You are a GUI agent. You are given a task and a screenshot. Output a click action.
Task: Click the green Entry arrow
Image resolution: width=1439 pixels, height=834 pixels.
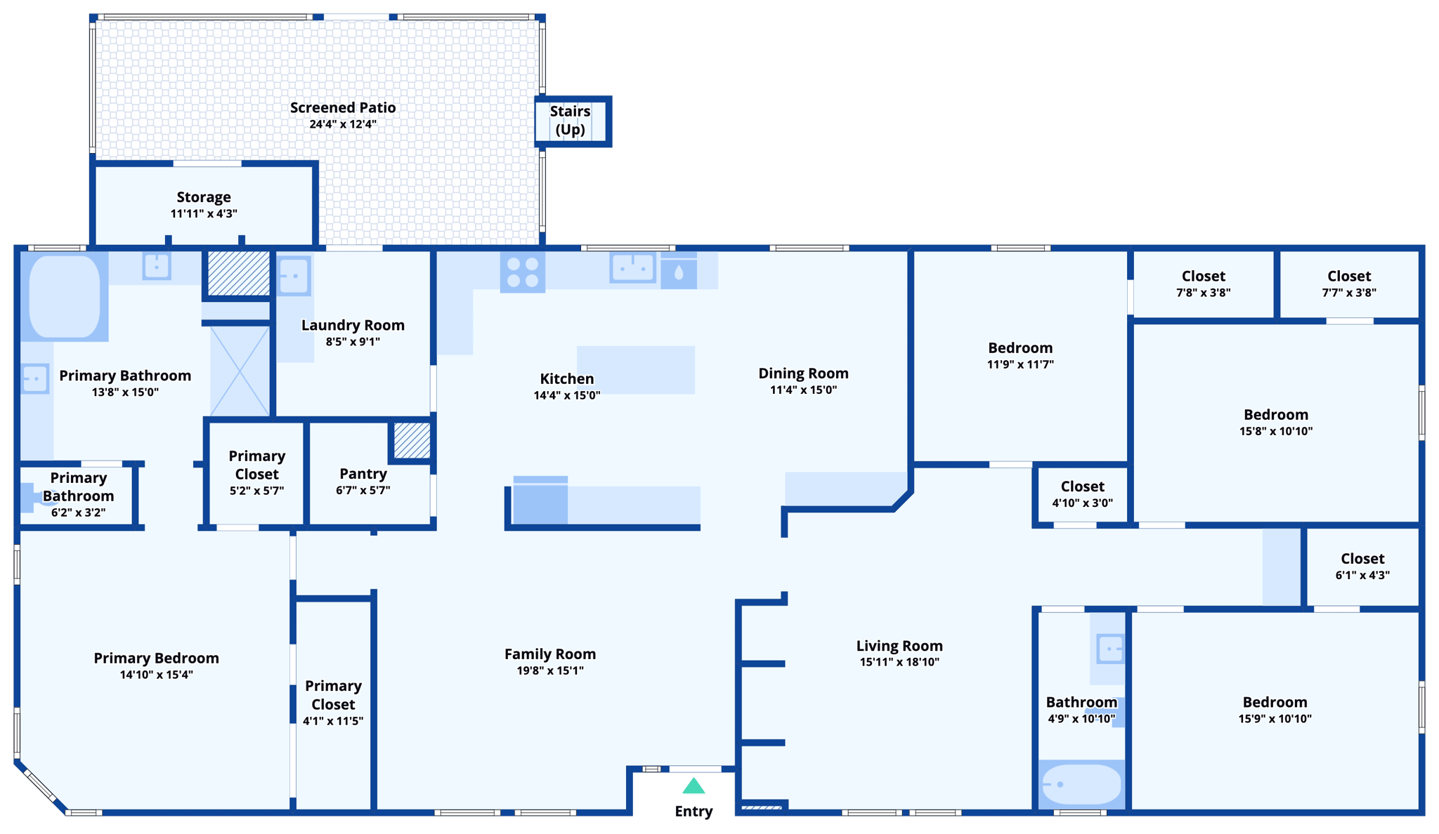pos(694,786)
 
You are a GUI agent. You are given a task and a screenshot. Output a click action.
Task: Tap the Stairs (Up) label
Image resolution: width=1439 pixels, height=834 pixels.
pos(570,120)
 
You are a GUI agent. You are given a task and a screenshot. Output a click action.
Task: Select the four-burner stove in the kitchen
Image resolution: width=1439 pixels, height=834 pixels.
pos(523,272)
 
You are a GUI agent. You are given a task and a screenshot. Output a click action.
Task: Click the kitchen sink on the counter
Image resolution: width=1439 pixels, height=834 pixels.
pos(632,267)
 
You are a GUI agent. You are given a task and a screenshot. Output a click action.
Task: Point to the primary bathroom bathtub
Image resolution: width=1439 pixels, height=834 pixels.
pos(65,296)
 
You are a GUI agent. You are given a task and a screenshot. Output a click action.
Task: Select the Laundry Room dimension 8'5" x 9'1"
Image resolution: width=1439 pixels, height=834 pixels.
pos(353,342)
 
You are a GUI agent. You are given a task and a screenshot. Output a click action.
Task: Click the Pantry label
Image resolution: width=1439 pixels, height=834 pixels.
pos(363,474)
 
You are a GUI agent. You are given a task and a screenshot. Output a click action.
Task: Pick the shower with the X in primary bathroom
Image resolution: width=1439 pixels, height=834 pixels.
pos(240,371)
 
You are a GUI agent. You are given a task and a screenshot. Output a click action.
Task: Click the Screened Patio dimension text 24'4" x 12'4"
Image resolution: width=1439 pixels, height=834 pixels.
pos(343,124)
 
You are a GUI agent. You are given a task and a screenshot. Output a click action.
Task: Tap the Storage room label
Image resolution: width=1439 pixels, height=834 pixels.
pos(204,197)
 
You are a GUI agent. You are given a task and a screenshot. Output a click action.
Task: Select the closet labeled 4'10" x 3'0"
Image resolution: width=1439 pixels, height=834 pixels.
pos(1082,494)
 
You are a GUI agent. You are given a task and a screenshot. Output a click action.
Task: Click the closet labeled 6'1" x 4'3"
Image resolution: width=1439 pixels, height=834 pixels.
pos(1362,566)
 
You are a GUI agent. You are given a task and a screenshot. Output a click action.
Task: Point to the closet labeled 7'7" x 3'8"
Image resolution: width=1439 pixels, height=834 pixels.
pos(1348,284)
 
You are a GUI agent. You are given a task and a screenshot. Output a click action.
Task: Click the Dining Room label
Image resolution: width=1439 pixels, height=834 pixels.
pos(803,373)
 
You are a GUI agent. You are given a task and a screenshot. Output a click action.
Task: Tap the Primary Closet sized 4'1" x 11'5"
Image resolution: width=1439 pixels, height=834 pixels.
pos(333,702)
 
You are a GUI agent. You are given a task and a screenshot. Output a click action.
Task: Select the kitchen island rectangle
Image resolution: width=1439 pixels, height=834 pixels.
pos(636,369)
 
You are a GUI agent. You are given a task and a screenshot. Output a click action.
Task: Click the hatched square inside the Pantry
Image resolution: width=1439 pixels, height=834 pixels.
pos(412,440)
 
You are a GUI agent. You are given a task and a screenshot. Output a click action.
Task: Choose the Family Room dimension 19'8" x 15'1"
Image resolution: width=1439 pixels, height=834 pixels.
pos(550,670)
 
